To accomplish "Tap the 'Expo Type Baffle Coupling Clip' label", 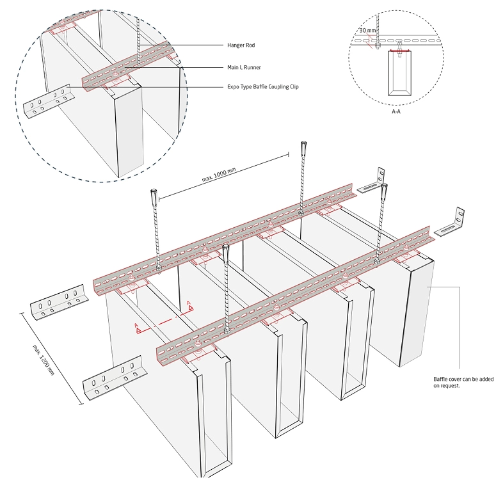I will click(x=263, y=87).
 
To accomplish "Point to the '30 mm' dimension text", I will click(x=367, y=30).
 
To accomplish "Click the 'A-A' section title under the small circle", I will click(x=397, y=111).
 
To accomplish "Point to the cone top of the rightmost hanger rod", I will click(x=385, y=190).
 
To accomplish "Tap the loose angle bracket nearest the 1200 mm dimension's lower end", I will click(x=112, y=376).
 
